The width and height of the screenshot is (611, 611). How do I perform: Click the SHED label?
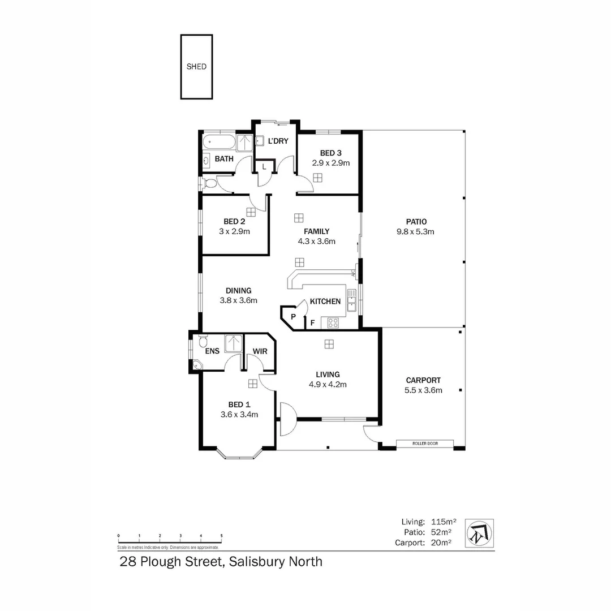tap(196, 67)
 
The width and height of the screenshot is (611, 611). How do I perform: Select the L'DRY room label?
tap(277, 141)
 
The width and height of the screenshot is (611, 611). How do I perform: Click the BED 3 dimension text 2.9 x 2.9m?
tap(331, 163)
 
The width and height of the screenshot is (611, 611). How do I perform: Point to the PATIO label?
tap(415, 222)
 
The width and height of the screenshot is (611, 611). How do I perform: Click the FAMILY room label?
tap(316, 231)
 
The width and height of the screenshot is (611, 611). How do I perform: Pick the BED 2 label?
tap(234, 221)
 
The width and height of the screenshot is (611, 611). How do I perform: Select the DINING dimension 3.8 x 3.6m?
tap(238, 300)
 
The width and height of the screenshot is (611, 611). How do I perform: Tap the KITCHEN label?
tap(325, 302)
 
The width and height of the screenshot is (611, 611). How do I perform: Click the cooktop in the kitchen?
tap(333, 323)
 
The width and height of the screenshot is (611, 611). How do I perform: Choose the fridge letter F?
tap(312, 324)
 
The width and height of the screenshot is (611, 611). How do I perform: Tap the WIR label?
tap(260, 351)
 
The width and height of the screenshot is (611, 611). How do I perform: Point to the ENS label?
tap(212, 351)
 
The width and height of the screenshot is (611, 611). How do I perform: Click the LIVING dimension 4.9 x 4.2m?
tap(328, 384)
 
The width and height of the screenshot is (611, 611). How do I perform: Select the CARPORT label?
tap(423, 380)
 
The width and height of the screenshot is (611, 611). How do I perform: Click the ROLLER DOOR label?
tap(425, 444)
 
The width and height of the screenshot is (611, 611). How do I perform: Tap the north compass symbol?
tap(479, 533)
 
